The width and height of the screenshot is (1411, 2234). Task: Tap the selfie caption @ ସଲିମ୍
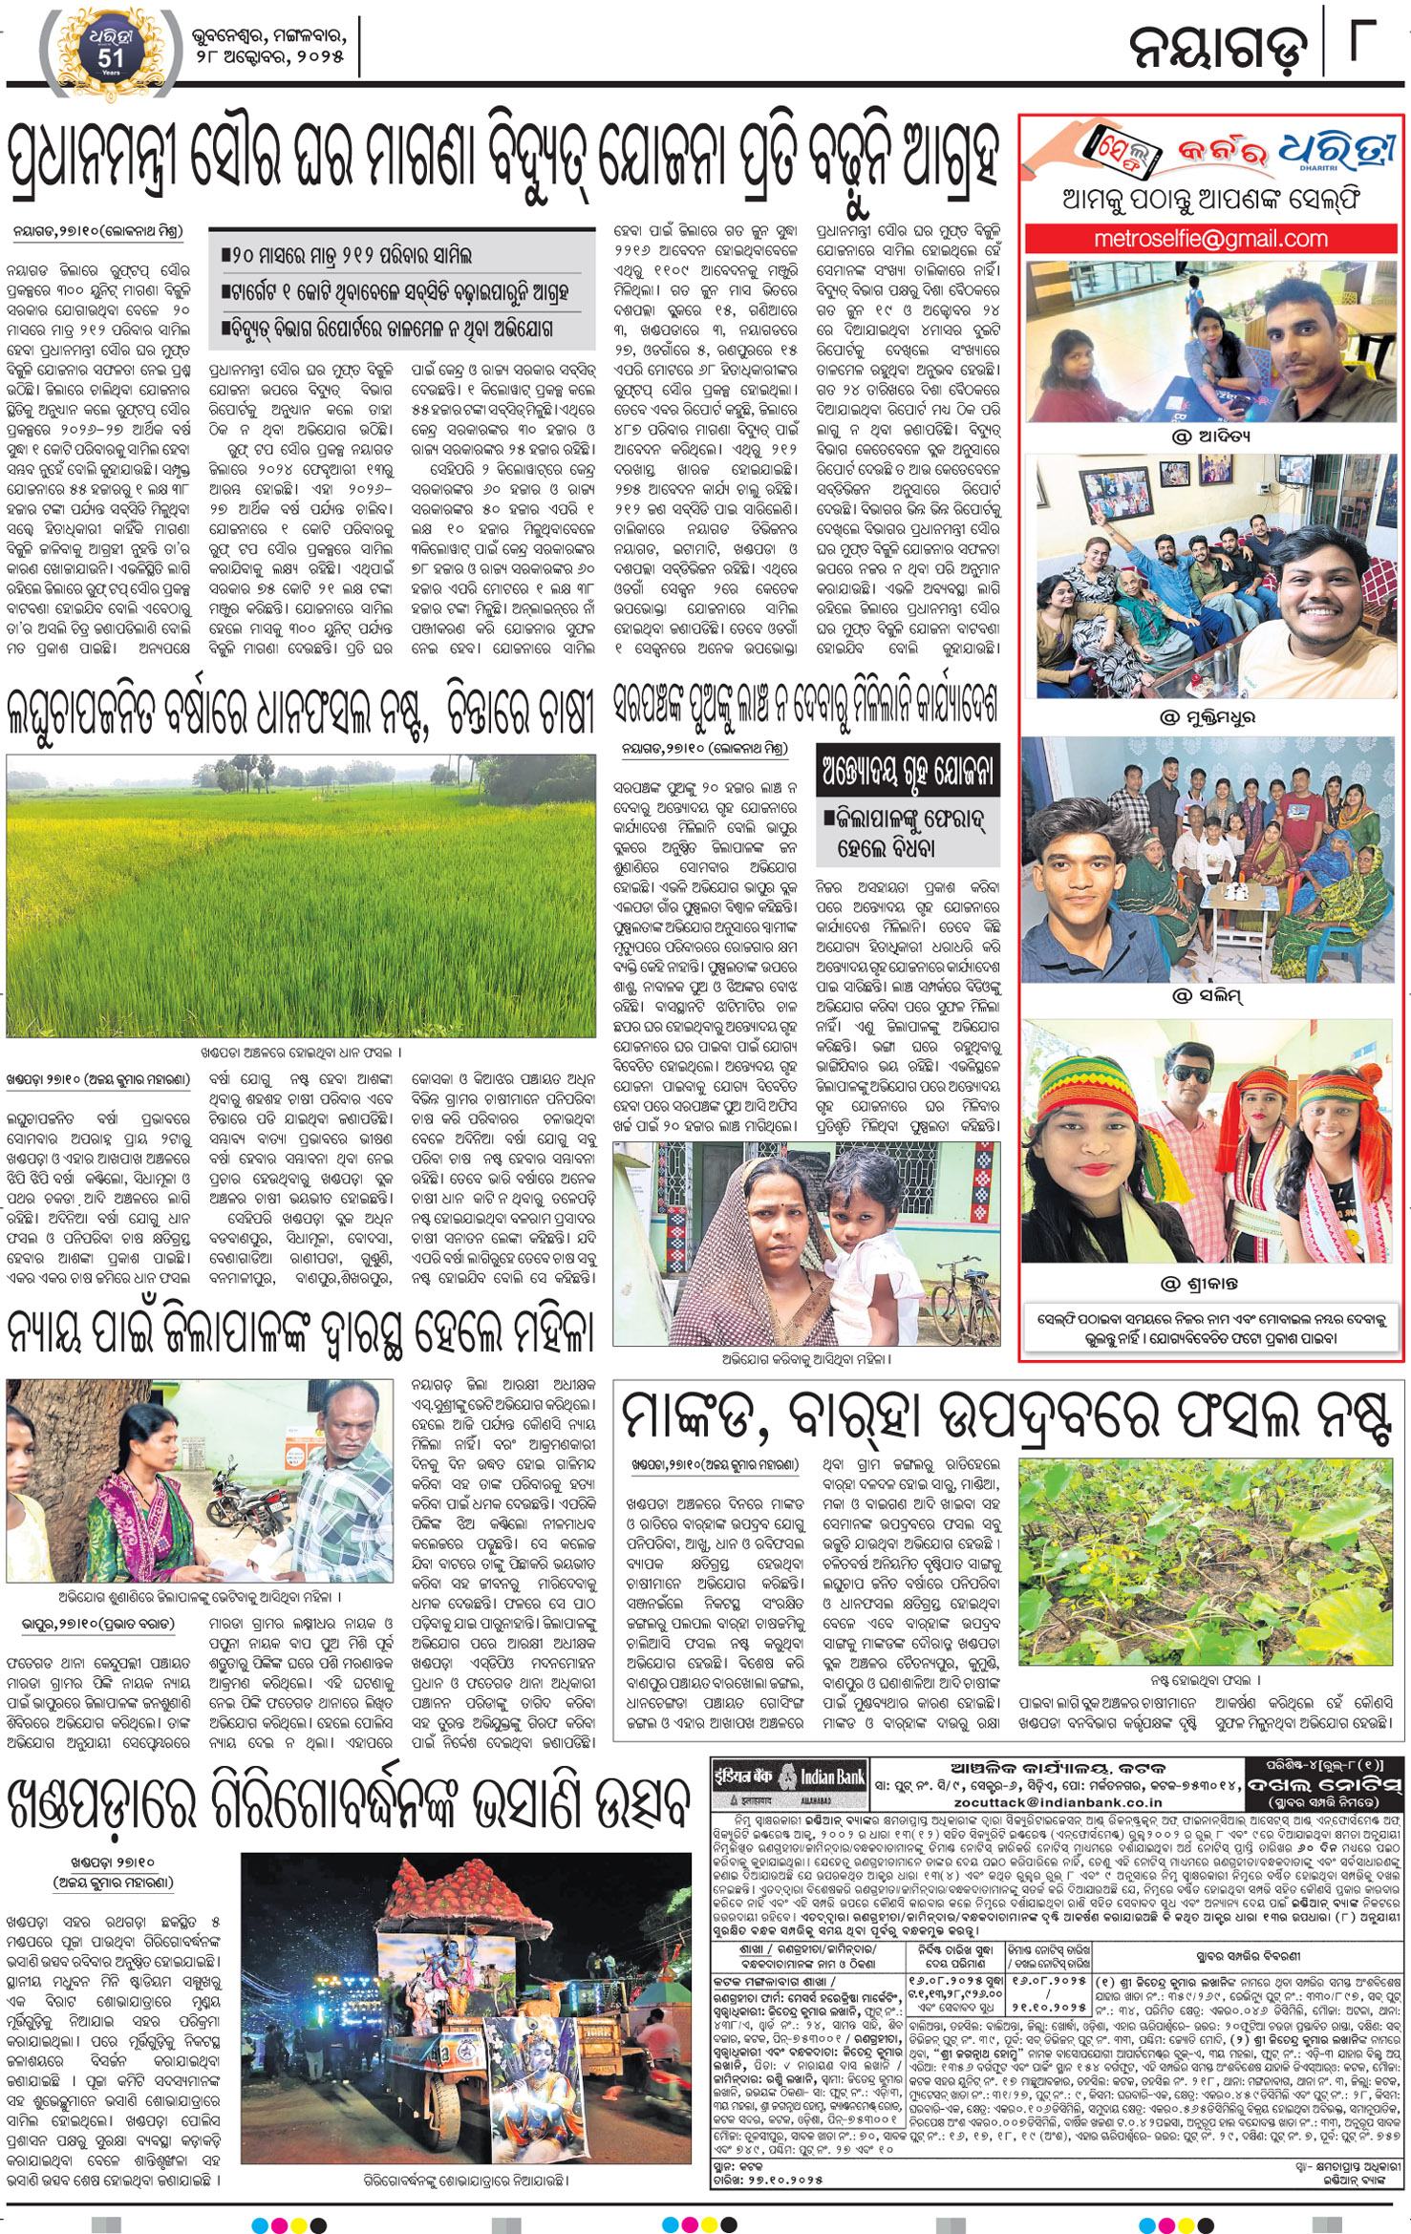point(1208,996)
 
